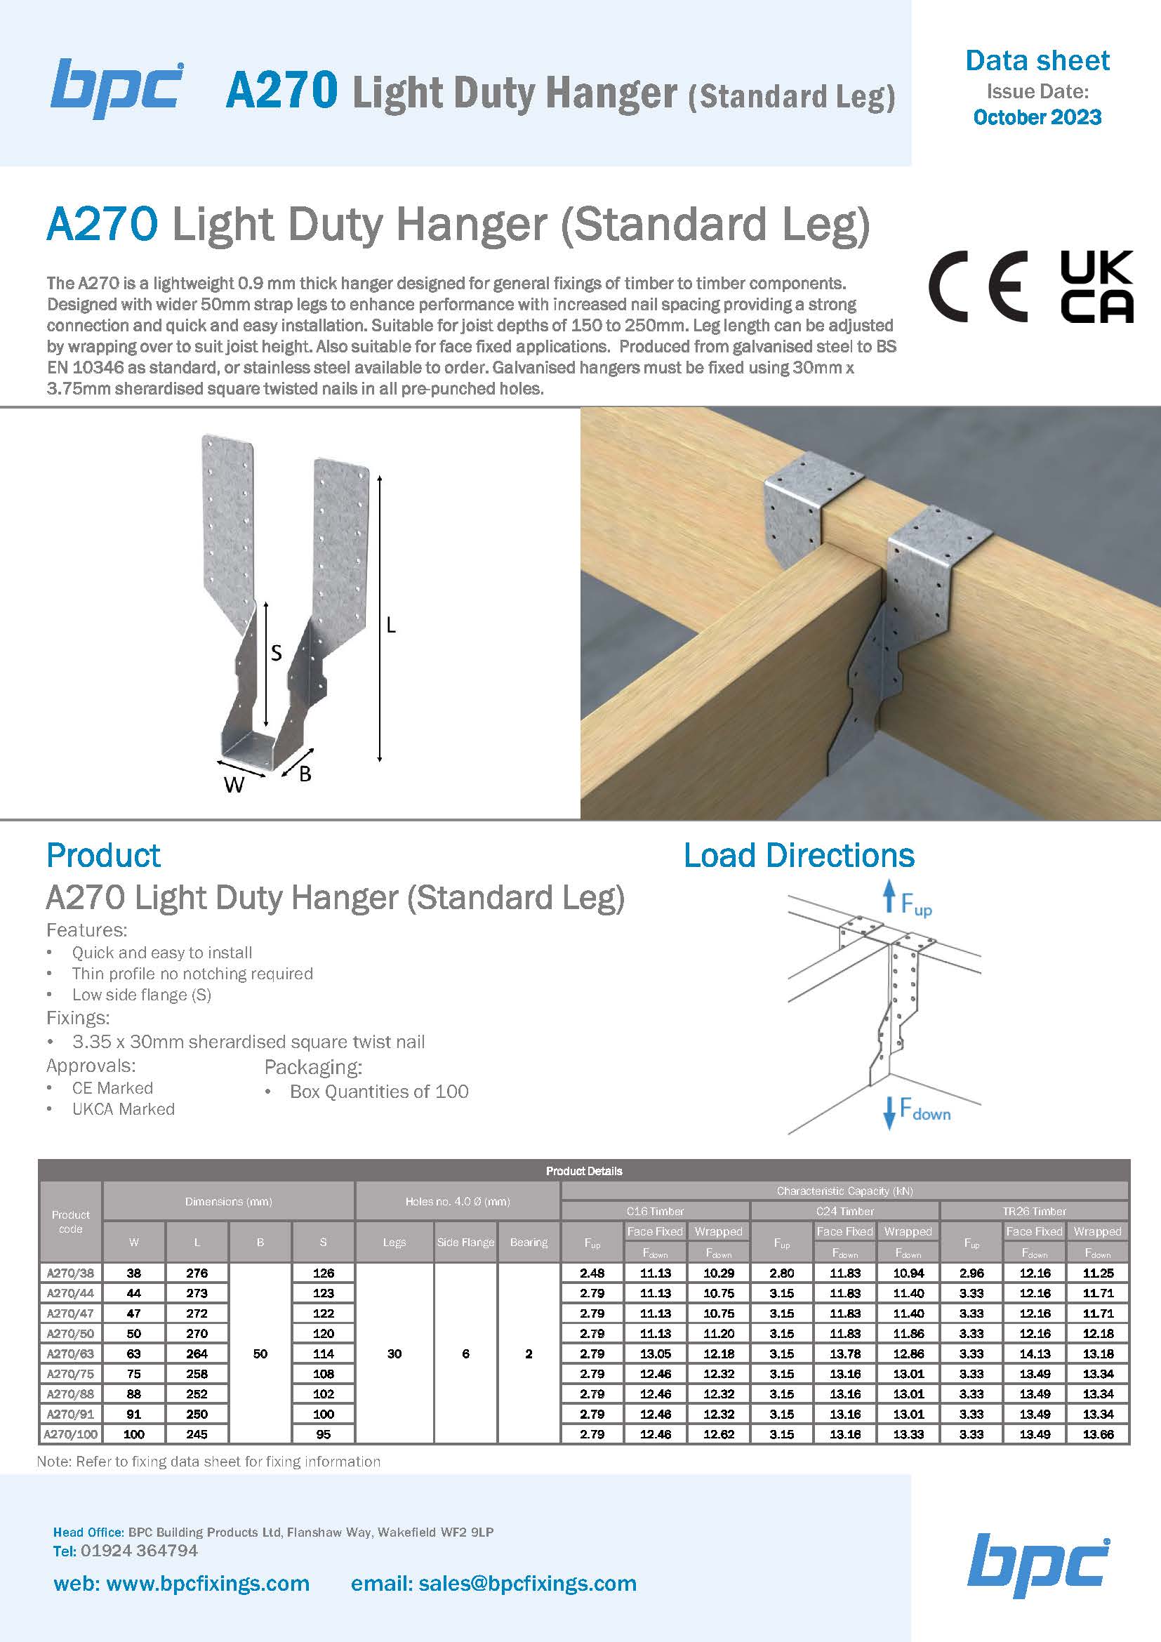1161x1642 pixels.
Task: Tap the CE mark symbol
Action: pos(977,287)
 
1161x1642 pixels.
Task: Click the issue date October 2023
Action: pos(1037,117)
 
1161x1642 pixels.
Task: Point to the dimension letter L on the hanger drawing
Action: pos(391,625)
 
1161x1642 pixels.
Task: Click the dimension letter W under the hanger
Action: pos(234,786)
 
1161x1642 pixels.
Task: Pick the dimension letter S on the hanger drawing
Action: pos(276,653)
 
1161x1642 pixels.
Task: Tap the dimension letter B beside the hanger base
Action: pos(305,774)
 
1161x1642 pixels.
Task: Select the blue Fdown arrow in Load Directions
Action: pos(889,1113)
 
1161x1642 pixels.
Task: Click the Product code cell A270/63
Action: pos(70,1353)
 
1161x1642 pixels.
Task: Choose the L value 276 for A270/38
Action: pos(197,1273)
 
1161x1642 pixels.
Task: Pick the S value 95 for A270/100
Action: pos(323,1434)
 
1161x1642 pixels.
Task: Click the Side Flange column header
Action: pos(465,1243)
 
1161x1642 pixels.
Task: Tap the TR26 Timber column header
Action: pos(1034,1212)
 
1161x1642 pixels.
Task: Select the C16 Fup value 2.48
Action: pos(592,1273)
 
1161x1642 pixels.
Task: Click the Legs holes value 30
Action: pos(394,1353)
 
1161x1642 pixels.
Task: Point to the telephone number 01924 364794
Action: pos(139,1551)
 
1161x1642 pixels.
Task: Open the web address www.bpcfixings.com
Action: pos(207,1583)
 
